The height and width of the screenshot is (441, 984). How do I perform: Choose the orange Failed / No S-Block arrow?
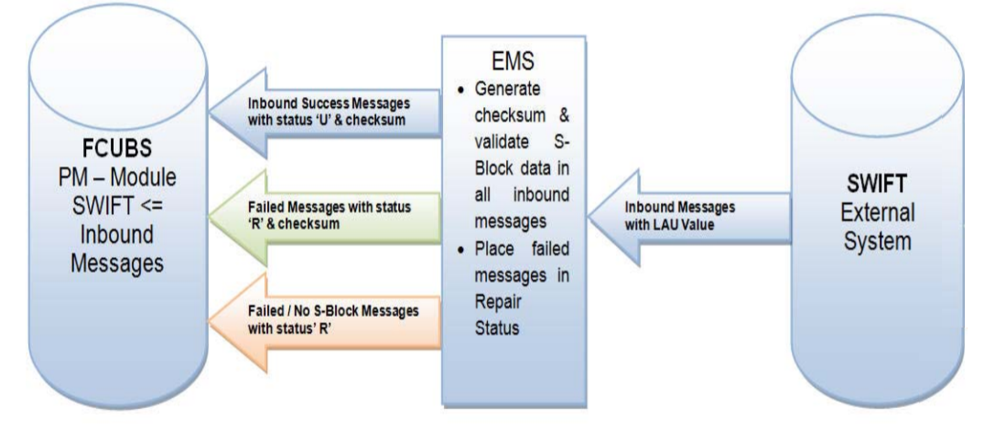point(320,317)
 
